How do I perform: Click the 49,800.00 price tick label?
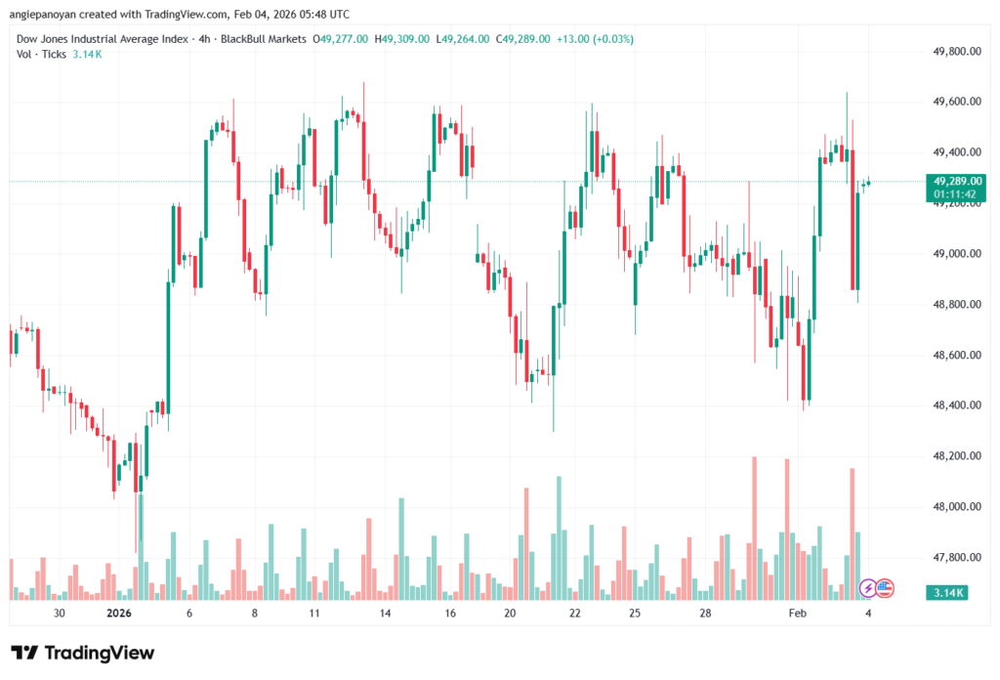(x=956, y=51)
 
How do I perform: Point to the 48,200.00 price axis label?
(x=956, y=456)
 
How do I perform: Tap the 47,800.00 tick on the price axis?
(x=956, y=558)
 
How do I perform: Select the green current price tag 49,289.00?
(x=957, y=181)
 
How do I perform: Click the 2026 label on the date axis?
(x=118, y=614)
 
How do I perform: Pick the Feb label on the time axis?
(x=798, y=614)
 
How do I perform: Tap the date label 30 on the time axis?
(x=60, y=614)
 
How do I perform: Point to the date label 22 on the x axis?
(x=575, y=614)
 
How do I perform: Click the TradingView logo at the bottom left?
(x=82, y=653)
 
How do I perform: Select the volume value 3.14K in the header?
(x=86, y=54)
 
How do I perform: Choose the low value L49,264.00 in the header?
(x=464, y=39)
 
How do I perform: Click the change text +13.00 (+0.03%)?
(x=594, y=39)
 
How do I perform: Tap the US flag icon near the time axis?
(x=885, y=588)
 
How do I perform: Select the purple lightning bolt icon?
(x=867, y=588)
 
